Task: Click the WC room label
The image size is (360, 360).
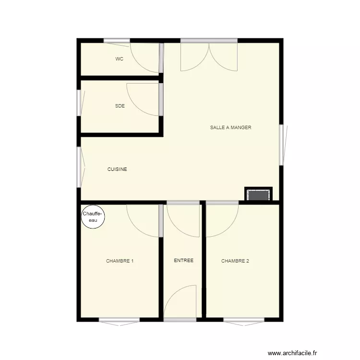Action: pyautogui.click(x=120, y=59)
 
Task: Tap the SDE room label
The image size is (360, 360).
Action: pyautogui.click(x=120, y=106)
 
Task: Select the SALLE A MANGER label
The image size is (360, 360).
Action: pyautogui.click(x=230, y=128)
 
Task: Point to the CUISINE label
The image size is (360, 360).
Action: pyautogui.click(x=117, y=169)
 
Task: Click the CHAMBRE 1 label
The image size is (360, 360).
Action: pyautogui.click(x=120, y=261)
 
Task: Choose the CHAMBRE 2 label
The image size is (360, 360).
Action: pyautogui.click(x=235, y=261)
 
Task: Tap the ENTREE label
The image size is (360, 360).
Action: pyautogui.click(x=183, y=261)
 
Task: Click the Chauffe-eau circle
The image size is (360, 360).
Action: pyautogui.click(x=93, y=217)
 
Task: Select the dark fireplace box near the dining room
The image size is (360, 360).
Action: pyautogui.click(x=258, y=195)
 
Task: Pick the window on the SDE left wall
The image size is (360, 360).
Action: pyautogui.click(x=79, y=103)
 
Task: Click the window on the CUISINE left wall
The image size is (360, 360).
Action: pyautogui.click(x=79, y=167)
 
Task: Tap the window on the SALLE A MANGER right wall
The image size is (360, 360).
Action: pyautogui.click(x=282, y=145)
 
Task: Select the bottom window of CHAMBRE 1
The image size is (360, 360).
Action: pyautogui.click(x=119, y=320)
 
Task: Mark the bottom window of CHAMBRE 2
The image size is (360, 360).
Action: pyautogui.click(x=243, y=320)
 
